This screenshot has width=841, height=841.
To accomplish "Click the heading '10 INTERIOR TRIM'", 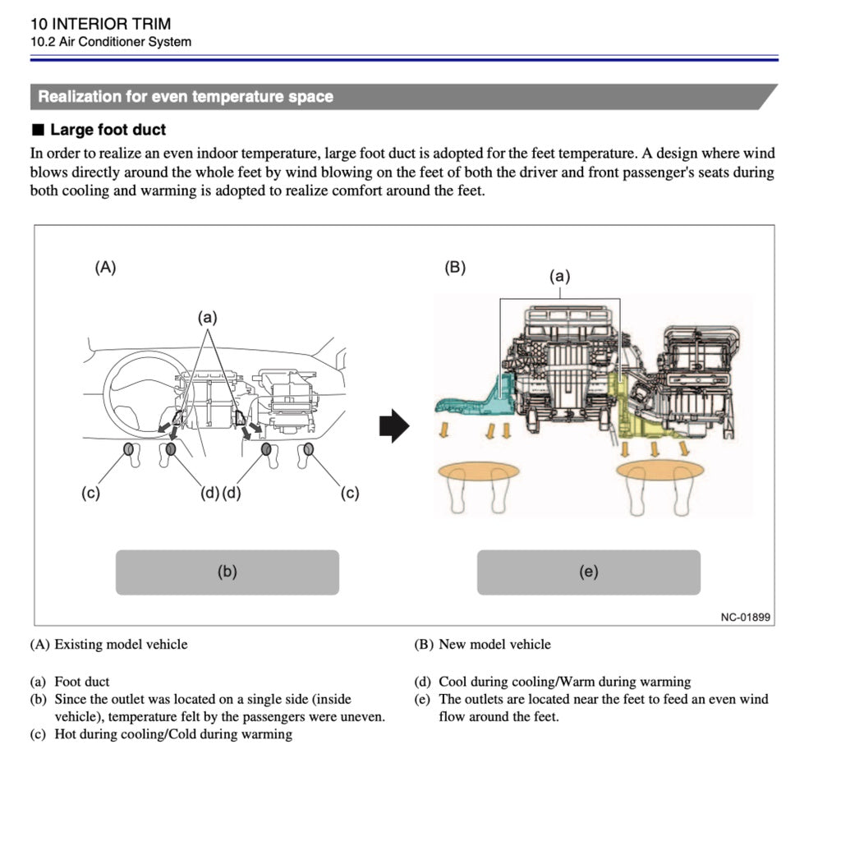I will [100, 24].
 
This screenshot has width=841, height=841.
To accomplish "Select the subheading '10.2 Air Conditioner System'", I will [110, 42].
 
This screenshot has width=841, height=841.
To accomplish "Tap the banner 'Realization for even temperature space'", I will [186, 97].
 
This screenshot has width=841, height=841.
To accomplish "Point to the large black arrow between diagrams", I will [394, 427].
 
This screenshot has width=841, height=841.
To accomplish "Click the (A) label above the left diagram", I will [105, 267].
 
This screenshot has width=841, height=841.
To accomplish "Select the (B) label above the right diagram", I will [455, 267].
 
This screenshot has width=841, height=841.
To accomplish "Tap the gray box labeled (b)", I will [227, 572].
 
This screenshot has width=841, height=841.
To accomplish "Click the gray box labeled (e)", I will [588, 572].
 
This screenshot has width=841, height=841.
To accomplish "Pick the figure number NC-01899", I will [745, 618].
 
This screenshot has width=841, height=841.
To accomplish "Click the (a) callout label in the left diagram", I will [207, 317].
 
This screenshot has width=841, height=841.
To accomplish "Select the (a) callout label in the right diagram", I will [559, 277].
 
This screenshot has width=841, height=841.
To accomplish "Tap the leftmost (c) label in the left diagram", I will [90, 493].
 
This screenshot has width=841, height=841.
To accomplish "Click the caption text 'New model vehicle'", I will [494, 644].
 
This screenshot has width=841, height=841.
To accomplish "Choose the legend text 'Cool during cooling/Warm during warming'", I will [564, 682].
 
